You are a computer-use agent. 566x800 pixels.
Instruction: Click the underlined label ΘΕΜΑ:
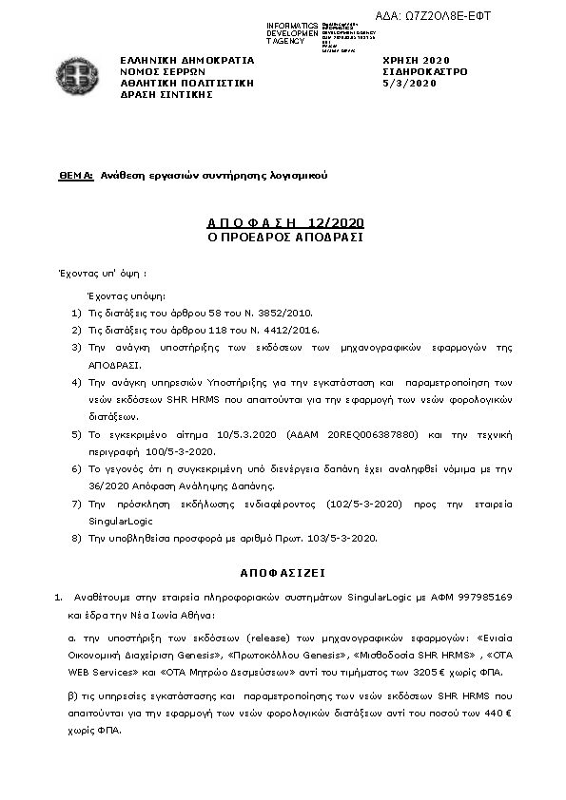point(75,176)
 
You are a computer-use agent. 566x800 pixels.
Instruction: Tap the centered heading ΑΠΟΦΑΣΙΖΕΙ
point(284,574)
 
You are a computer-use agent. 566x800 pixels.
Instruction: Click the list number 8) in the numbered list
point(77,538)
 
